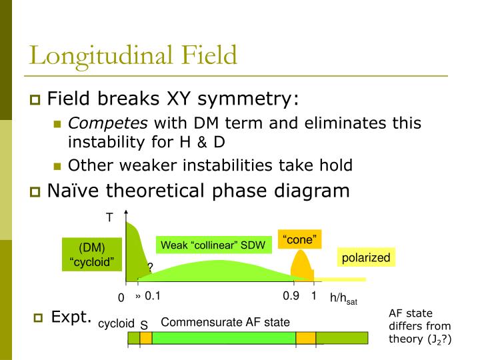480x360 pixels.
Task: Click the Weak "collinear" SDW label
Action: (213, 245)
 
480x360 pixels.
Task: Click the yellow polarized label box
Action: (365, 257)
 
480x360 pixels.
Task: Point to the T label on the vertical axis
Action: (109, 217)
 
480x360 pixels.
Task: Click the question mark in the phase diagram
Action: (150, 267)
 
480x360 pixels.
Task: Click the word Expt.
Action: (71, 317)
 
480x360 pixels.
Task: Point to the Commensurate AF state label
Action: (225, 322)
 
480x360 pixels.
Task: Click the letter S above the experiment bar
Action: (144, 325)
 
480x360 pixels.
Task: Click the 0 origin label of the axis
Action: (121, 297)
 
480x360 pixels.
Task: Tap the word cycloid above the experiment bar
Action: (117, 323)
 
